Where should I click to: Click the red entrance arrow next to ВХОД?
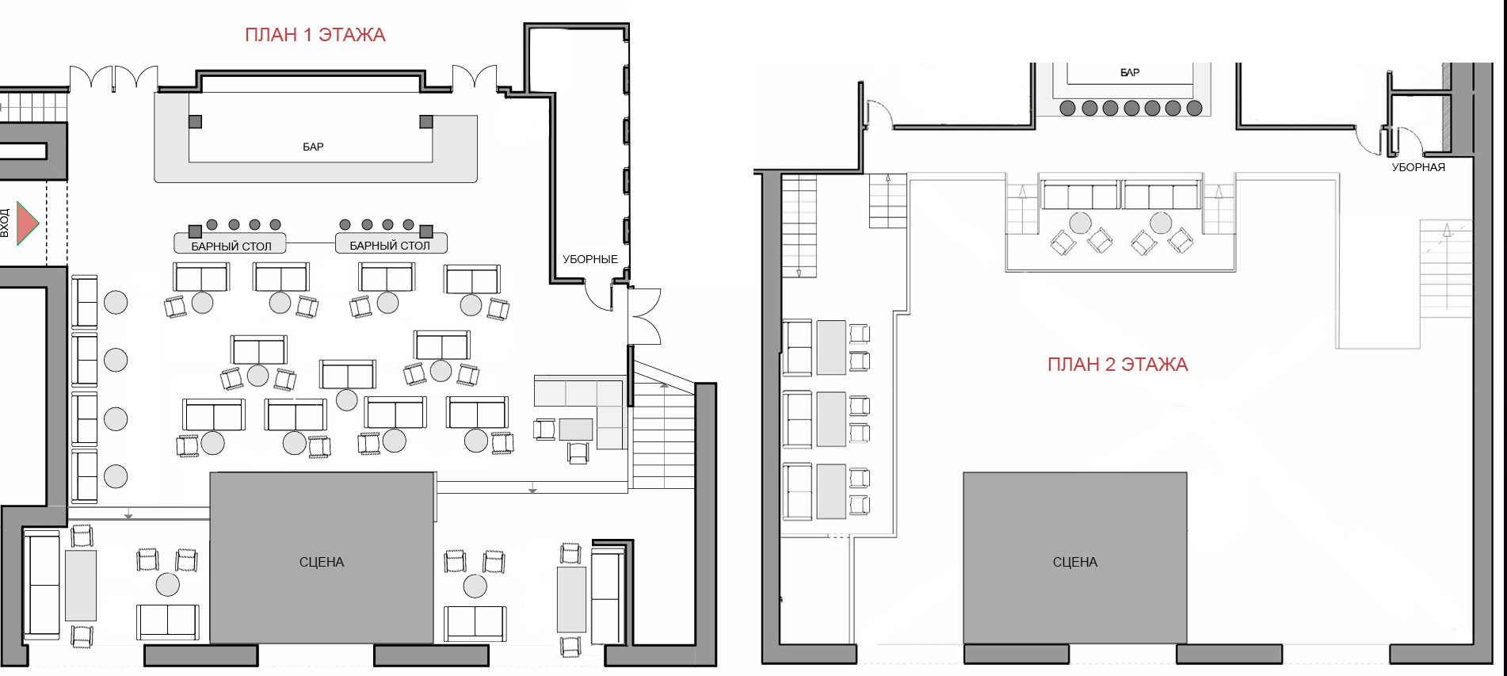[27, 223]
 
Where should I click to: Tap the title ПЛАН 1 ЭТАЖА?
[315, 35]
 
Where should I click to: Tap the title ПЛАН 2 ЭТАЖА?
[1117, 365]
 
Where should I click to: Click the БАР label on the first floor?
[313, 147]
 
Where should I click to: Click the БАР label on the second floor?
[1130, 73]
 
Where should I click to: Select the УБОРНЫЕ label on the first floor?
[590, 259]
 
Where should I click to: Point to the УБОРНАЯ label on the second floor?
[1418, 167]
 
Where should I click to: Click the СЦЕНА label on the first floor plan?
[322, 562]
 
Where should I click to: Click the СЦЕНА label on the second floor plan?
[1075, 562]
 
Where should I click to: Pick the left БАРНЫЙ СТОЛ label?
[231, 246]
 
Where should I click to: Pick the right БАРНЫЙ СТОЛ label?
[390, 246]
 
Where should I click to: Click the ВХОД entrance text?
[5, 223]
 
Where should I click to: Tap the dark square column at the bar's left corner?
[195, 121]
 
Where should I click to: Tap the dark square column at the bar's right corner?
[426, 121]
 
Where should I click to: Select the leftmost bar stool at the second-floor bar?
[1068, 108]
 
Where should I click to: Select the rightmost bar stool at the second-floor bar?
[1195, 108]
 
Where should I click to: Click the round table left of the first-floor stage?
[168, 585]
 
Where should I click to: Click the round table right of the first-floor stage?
[475, 586]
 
